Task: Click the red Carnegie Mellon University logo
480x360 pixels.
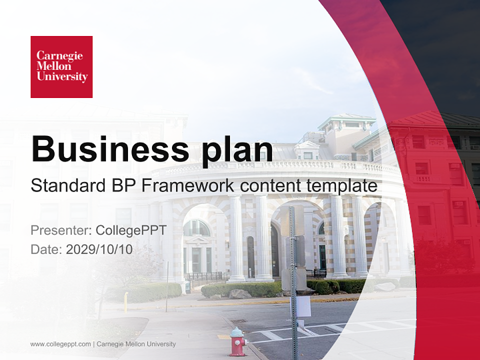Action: [61, 66]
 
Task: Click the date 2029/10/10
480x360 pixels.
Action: [99, 249]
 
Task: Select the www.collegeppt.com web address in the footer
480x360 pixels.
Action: [60, 344]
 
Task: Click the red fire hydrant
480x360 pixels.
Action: [238, 341]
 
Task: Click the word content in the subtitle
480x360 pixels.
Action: [269, 185]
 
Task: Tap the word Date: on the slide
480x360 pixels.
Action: [46, 249]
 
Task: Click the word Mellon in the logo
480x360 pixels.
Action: [53, 66]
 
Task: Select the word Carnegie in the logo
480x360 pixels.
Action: [59, 55]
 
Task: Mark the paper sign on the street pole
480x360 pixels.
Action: [303, 306]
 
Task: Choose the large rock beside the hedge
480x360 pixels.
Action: [240, 294]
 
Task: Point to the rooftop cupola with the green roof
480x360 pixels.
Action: [346, 123]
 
